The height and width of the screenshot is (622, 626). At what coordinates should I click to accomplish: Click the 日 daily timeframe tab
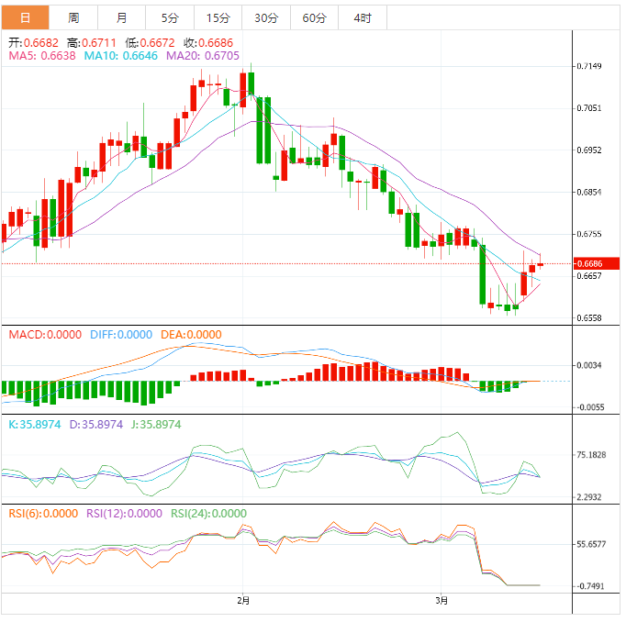24,17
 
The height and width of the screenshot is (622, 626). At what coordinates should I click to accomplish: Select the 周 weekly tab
73,17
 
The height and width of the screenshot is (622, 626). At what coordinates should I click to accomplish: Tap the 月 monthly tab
122,17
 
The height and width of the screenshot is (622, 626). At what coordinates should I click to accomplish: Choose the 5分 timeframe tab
170,17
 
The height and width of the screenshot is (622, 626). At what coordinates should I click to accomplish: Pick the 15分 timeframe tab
218,17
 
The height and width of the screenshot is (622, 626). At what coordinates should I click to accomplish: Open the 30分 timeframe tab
266,17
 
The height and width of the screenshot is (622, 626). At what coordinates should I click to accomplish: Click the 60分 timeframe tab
314,17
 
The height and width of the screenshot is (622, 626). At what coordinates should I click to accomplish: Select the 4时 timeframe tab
362,17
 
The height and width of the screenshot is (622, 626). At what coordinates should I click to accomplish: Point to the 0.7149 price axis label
588,67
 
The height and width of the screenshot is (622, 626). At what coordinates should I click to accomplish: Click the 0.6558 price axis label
588,318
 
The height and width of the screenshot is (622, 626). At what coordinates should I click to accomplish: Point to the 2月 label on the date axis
242,601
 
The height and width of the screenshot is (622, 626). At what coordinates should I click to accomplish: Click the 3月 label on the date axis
442,601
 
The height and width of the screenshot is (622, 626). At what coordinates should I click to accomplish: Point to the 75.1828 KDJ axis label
591,455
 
